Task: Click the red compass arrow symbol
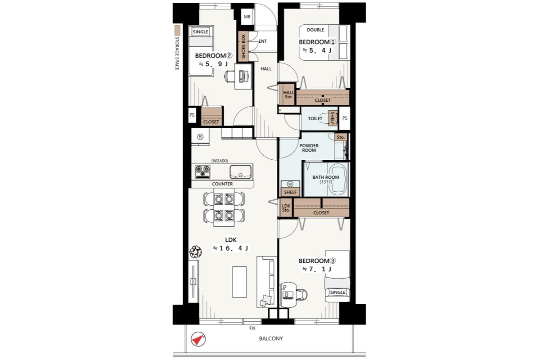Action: tap(198, 339)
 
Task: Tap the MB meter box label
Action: tap(247, 17)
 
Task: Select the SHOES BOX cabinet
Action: tap(243, 46)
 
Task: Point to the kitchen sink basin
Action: tap(240, 172)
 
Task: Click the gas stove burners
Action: tap(202, 172)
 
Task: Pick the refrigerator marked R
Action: tap(200, 137)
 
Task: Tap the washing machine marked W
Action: tap(290, 184)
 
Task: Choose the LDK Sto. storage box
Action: tap(286, 208)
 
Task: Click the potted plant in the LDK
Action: tap(195, 252)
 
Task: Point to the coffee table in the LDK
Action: tap(239, 282)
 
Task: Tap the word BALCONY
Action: tap(271, 338)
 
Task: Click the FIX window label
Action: tap(252, 328)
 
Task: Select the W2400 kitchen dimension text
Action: tap(220, 161)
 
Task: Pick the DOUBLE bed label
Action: tap(315, 30)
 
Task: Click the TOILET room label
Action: tap(315, 118)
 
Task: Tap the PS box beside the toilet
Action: tap(345, 118)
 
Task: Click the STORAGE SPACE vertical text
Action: tap(177, 53)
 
